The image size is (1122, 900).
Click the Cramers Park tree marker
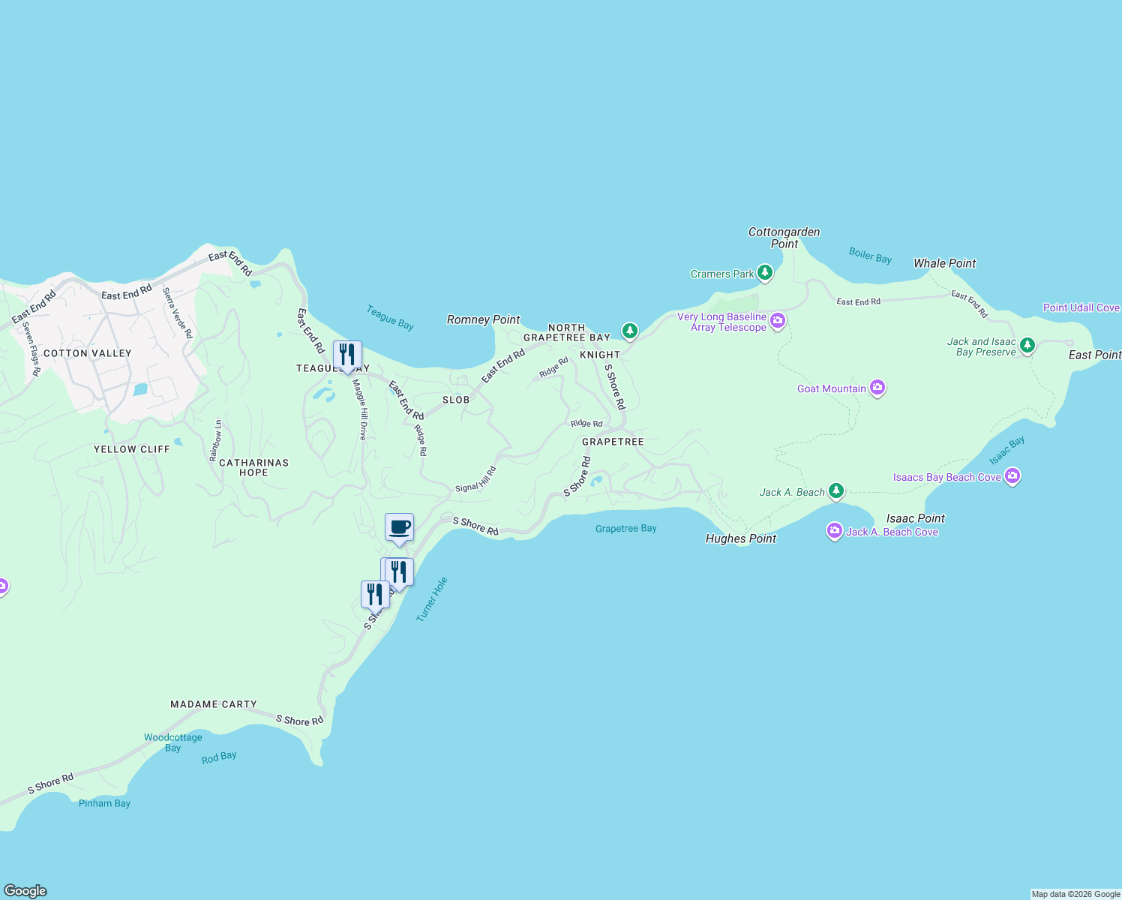764,272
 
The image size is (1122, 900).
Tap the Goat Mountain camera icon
877,388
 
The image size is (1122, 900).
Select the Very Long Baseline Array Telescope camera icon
778,321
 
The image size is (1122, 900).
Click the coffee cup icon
400,526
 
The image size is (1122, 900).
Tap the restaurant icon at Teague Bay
347,354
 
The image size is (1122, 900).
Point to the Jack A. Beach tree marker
835,491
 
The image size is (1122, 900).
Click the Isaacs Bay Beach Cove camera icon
1012,475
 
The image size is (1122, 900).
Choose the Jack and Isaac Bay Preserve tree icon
1027,345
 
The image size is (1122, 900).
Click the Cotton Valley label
88,353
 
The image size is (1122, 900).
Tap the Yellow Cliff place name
132,449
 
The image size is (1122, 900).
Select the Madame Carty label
214,704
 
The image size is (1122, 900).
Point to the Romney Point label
483,319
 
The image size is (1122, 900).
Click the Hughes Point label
740,538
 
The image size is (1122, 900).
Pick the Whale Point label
944,263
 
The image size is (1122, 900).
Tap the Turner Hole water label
432,598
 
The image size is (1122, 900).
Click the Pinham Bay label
104,803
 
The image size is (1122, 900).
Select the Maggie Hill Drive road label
361,409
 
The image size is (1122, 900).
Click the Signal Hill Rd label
476,480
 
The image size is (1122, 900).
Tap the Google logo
25,891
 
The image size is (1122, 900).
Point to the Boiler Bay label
870,255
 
